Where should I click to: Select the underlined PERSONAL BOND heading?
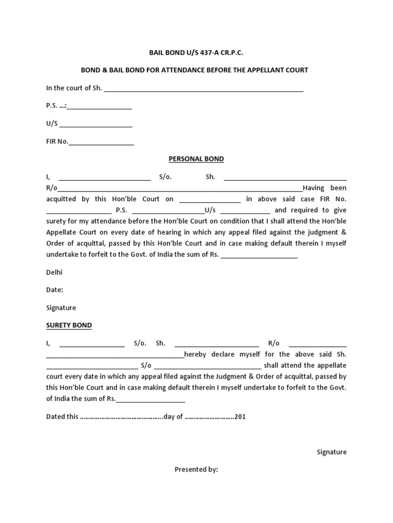(196, 159)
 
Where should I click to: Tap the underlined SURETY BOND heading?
(69, 325)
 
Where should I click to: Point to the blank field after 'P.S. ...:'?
(100, 108)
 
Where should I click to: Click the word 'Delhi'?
(54, 272)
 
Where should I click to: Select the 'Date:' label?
(55, 290)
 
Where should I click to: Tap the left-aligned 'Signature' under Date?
(61, 307)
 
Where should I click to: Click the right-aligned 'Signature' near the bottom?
(332, 451)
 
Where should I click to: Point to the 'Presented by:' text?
(196, 469)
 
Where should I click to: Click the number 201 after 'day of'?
(240, 417)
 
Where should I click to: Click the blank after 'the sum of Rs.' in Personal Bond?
(259, 256)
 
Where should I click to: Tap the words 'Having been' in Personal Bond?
(324, 188)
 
